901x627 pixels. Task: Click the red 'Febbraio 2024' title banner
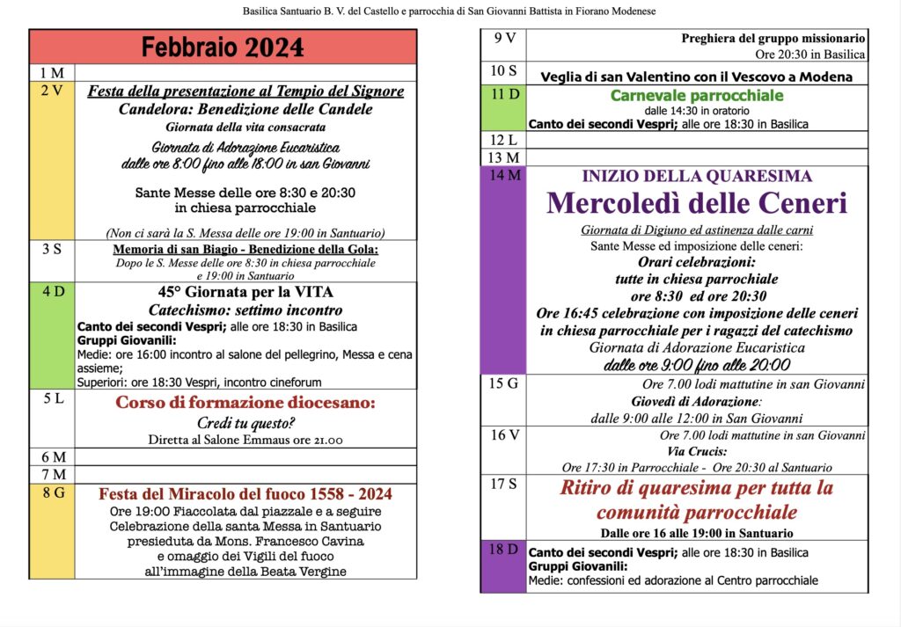tap(223, 47)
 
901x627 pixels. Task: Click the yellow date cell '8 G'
tap(52, 532)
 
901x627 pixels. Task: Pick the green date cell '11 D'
tap(503, 108)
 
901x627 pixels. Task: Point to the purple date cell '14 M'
tap(503, 269)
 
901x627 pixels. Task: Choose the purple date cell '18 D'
tap(503, 566)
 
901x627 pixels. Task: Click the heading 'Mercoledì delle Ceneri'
tap(697, 203)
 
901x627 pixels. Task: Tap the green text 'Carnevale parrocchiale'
tap(696, 95)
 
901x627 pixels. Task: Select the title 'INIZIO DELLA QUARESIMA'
tap(697, 176)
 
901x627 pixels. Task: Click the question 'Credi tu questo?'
tap(245, 423)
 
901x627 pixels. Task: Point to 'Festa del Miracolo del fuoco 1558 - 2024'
tap(245, 494)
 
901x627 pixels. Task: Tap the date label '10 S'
tap(504, 71)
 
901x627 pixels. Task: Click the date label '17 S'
tap(504, 484)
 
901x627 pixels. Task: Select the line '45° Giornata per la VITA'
tap(245, 292)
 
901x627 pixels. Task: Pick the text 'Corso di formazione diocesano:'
tap(245, 403)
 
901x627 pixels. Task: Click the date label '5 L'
tap(52, 399)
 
